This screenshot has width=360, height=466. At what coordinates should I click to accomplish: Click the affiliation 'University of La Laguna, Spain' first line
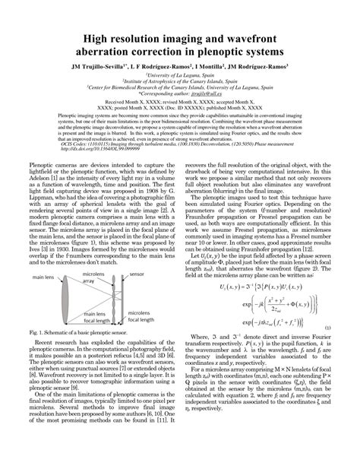click(x=180, y=75)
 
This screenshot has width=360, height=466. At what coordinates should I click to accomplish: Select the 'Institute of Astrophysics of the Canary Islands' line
click(x=180, y=81)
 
